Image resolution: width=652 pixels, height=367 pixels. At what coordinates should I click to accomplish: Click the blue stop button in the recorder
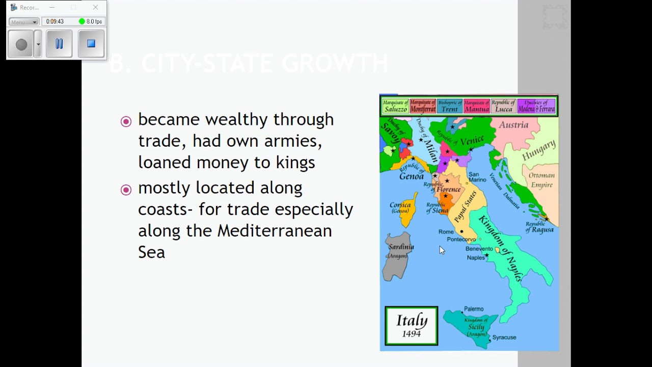[x=91, y=44]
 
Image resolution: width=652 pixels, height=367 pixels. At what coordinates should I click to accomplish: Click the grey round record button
[x=21, y=44]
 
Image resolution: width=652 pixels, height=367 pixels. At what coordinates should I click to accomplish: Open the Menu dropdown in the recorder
[x=24, y=22]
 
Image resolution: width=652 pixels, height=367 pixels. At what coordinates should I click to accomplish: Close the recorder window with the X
[x=95, y=8]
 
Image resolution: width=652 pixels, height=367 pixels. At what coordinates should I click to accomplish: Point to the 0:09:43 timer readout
[x=55, y=21]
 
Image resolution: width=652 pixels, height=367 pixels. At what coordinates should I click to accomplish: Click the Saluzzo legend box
[x=395, y=106]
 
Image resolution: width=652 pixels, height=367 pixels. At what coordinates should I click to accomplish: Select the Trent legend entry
[x=449, y=106]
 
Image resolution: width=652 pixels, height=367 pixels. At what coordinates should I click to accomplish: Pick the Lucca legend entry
[x=503, y=106]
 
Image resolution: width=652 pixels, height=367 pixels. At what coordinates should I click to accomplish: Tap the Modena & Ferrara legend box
[x=536, y=106]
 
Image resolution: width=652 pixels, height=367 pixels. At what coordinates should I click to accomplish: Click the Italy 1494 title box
[x=412, y=326]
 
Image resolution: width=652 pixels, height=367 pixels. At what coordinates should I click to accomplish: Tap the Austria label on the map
[x=513, y=125]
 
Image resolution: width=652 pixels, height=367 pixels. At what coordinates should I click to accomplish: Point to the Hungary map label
[x=538, y=150]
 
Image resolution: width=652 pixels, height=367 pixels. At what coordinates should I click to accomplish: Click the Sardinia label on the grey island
[x=401, y=247]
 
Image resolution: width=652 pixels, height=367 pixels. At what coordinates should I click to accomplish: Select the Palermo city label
[x=474, y=309]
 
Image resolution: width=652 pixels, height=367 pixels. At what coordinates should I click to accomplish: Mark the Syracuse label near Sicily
[x=504, y=337]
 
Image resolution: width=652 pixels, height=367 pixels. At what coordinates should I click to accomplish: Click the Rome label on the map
[x=446, y=232]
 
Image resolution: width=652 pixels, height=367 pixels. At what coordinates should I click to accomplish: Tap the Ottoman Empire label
[x=541, y=180]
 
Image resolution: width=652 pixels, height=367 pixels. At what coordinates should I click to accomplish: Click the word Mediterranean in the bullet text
[x=275, y=231]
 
